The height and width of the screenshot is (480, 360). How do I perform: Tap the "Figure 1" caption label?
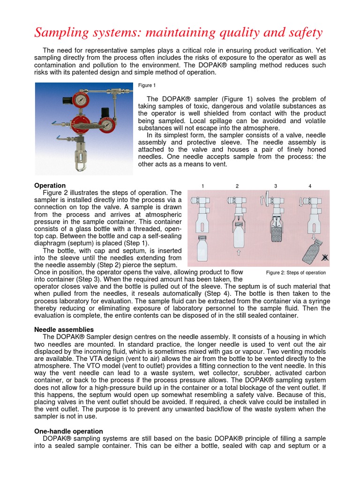click(x=147, y=85)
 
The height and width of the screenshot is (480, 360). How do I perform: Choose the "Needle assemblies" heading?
click(x=64, y=330)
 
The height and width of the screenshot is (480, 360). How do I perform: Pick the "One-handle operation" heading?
click(x=69, y=431)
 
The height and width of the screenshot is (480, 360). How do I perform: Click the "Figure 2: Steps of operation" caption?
click(x=296, y=272)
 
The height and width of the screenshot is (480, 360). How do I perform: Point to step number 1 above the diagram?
click(x=202, y=186)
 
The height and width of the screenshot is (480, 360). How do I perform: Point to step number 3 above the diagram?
click(x=276, y=186)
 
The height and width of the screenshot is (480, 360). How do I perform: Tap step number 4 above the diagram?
click(x=310, y=186)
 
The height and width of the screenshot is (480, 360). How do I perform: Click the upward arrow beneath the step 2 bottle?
click(x=238, y=254)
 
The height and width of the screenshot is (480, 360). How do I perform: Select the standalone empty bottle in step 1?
click(x=202, y=249)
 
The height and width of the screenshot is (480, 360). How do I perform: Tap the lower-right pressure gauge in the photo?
click(x=108, y=125)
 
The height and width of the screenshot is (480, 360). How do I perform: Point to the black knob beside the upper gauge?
click(x=68, y=100)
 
